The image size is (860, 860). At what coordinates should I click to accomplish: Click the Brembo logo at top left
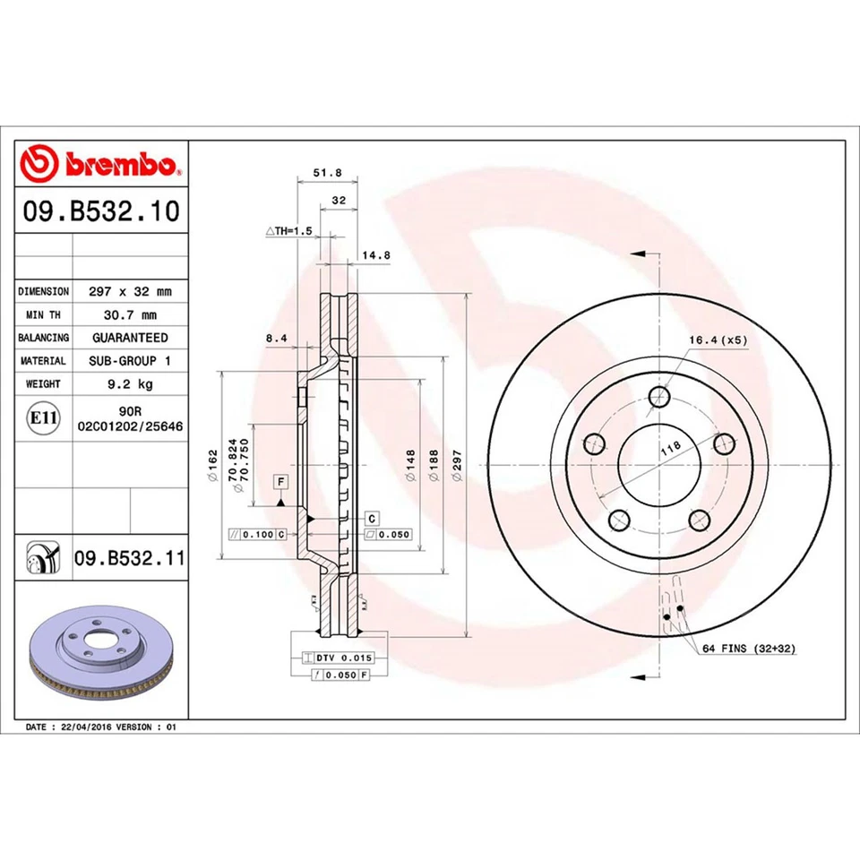click(x=100, y=165)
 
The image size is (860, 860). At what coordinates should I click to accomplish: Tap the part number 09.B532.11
click(x=129, y=558)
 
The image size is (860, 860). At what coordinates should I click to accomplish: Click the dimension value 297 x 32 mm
click(x=130, y=291)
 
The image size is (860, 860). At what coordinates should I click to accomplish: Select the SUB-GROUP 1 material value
click(x=130, y=360)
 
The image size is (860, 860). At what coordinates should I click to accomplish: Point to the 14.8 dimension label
click(x=375, y=254)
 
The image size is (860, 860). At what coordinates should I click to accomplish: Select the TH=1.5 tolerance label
click(x=288, y=230)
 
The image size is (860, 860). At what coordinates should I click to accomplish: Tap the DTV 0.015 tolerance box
click(x=337, y=657)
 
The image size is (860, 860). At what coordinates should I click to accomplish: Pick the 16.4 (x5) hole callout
click(x=718, y=340)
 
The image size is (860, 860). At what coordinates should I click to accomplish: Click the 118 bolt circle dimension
click(x=669, y=447)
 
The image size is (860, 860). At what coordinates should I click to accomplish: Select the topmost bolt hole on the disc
click(x=661, y=397)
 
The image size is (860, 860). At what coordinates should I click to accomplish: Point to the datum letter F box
click(x=281, y=482)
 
